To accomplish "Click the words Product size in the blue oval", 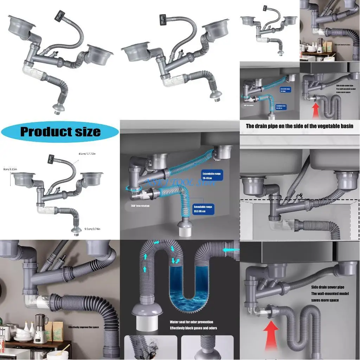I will point(60,132).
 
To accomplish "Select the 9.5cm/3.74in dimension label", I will point(92,229).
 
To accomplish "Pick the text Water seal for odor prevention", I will point(191,322).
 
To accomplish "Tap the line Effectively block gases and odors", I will point(193,328).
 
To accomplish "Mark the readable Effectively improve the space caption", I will point(83,327).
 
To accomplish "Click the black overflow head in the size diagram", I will point(52,159).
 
